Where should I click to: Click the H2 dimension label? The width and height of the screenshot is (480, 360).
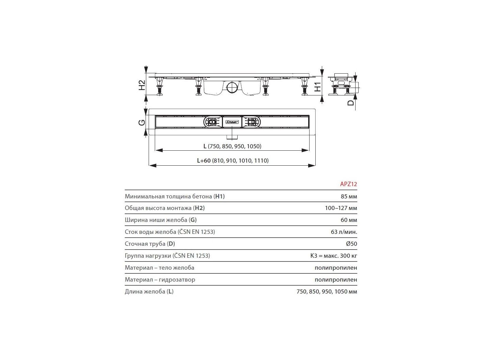pos(142,85)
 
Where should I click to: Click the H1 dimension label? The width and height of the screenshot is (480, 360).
pos(317,87)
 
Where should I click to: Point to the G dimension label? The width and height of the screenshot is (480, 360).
pos(142,123)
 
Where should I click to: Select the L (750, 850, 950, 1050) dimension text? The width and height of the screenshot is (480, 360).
pos(232,146)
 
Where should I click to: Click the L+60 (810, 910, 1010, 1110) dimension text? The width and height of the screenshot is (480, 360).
pos(233,161)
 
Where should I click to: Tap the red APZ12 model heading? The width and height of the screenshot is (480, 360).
pos(348,184)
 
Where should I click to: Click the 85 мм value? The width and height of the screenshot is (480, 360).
pos(349,196)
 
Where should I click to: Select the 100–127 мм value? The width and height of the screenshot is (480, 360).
pos(341,208)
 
